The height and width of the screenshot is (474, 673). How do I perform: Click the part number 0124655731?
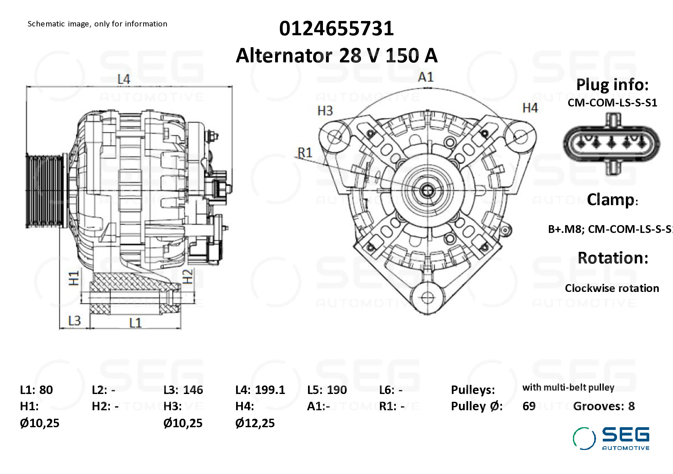[x=336, y=28]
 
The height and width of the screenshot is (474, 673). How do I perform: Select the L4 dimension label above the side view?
[x=124, y=79]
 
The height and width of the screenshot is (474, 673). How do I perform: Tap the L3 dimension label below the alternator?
[x=74, y=320]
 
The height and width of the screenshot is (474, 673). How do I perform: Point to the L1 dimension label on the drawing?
[x=135, y=322]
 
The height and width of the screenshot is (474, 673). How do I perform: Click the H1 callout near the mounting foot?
[x=74, y=278]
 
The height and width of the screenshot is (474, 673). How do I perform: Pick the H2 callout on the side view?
[x=187, y=276]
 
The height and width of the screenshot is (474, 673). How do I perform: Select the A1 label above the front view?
[x=426, y=77]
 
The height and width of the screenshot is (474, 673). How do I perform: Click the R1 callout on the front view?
[x=305, y=153]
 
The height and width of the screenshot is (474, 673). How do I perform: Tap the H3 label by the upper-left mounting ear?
[x=325, y=111]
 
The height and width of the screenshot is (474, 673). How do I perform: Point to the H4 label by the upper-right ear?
[x=530, y=108]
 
